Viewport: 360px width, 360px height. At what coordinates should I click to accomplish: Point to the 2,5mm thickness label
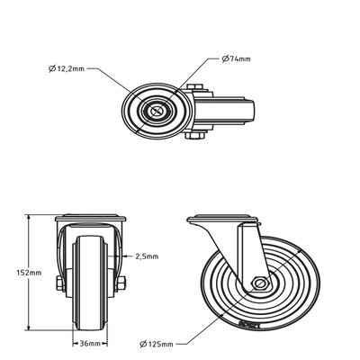click(147, 256)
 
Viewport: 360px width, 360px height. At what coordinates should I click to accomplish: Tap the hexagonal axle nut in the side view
click(259, 284)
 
